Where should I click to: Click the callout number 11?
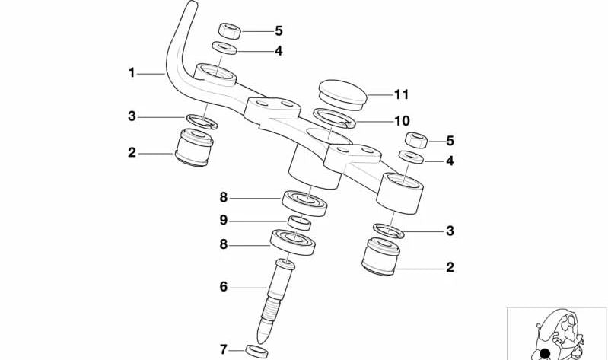pyautogui.click(x=401, y=94)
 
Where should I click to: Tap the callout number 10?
pyautogui.click(x=402, y=121)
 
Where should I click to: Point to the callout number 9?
pyautogui.click(x=224, y=221)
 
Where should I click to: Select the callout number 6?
pyautogui.click(x=224, y=287)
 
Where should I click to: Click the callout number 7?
pyautogui.click(x=224, y=350)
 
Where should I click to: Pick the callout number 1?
pyautogui.click(x=132, y=73)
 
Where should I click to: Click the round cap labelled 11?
pyautogui.click(x=342, y=94)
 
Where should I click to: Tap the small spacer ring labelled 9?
pyautogui.click(x=299, y=223)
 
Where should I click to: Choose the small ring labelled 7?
pyautogui.click(x=256, y=351)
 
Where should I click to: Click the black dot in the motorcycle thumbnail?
pyautogui.click(x=545, y=353)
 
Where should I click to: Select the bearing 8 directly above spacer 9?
pyautogui.click(x=304, y=203)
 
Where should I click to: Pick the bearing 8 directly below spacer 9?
pyautogui.click(x=293, y=242)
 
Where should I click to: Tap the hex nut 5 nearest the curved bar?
pyautogui.click(x=230, y=31)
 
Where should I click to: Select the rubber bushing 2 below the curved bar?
pyautogui.click(x=194, y=148)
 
